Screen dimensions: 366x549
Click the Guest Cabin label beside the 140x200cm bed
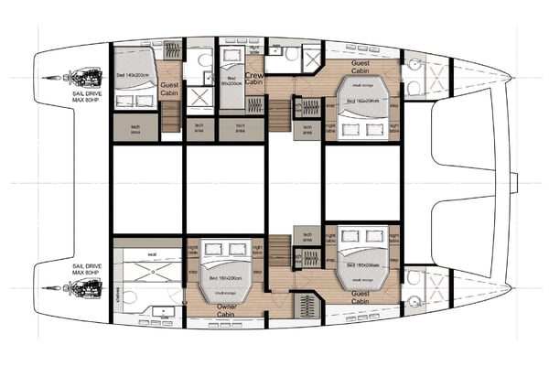tap(170, 89)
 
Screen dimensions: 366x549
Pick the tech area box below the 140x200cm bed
tap(135, 126)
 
